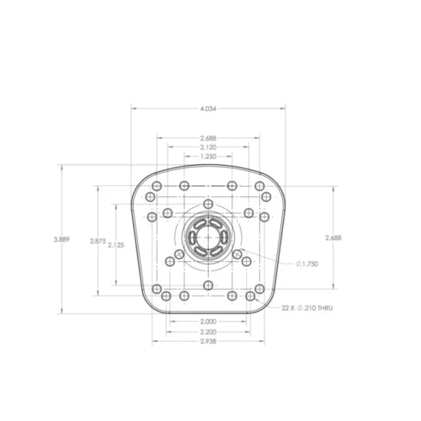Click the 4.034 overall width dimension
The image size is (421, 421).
[207, 109]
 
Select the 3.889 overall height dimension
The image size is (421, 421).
[61, 240]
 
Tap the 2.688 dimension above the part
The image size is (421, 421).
[207, 138]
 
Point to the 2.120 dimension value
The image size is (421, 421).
[207, 147]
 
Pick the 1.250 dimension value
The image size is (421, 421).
[207, 157]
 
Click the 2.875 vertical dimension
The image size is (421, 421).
[98, 241]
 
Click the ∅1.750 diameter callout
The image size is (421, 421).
[308, 264]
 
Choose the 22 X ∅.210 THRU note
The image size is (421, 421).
[306, 309]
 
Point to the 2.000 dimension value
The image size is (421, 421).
[207, 322]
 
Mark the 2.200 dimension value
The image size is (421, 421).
[207, 332]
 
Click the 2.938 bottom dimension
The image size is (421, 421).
[207, 342]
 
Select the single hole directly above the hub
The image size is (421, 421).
[207, 204]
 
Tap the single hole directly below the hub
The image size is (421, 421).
[207, 285]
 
